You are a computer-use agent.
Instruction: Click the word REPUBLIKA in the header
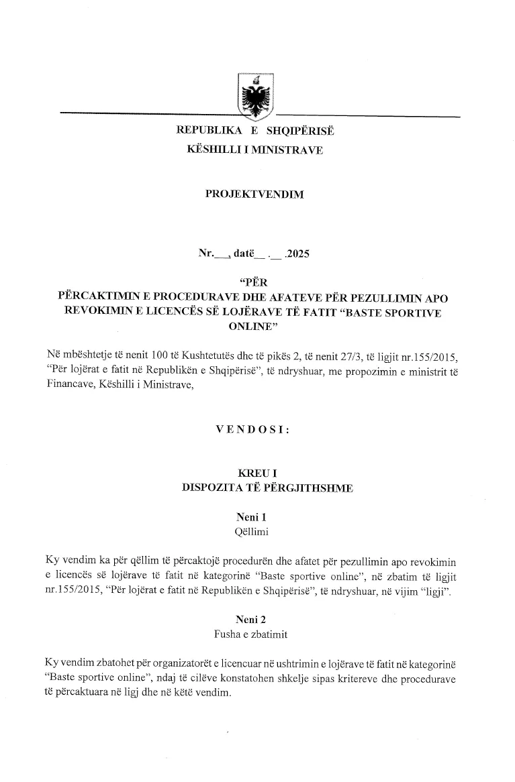[204, 131]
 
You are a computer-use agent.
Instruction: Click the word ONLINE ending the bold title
[248, 326]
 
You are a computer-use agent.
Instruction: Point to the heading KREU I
[253, 475]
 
